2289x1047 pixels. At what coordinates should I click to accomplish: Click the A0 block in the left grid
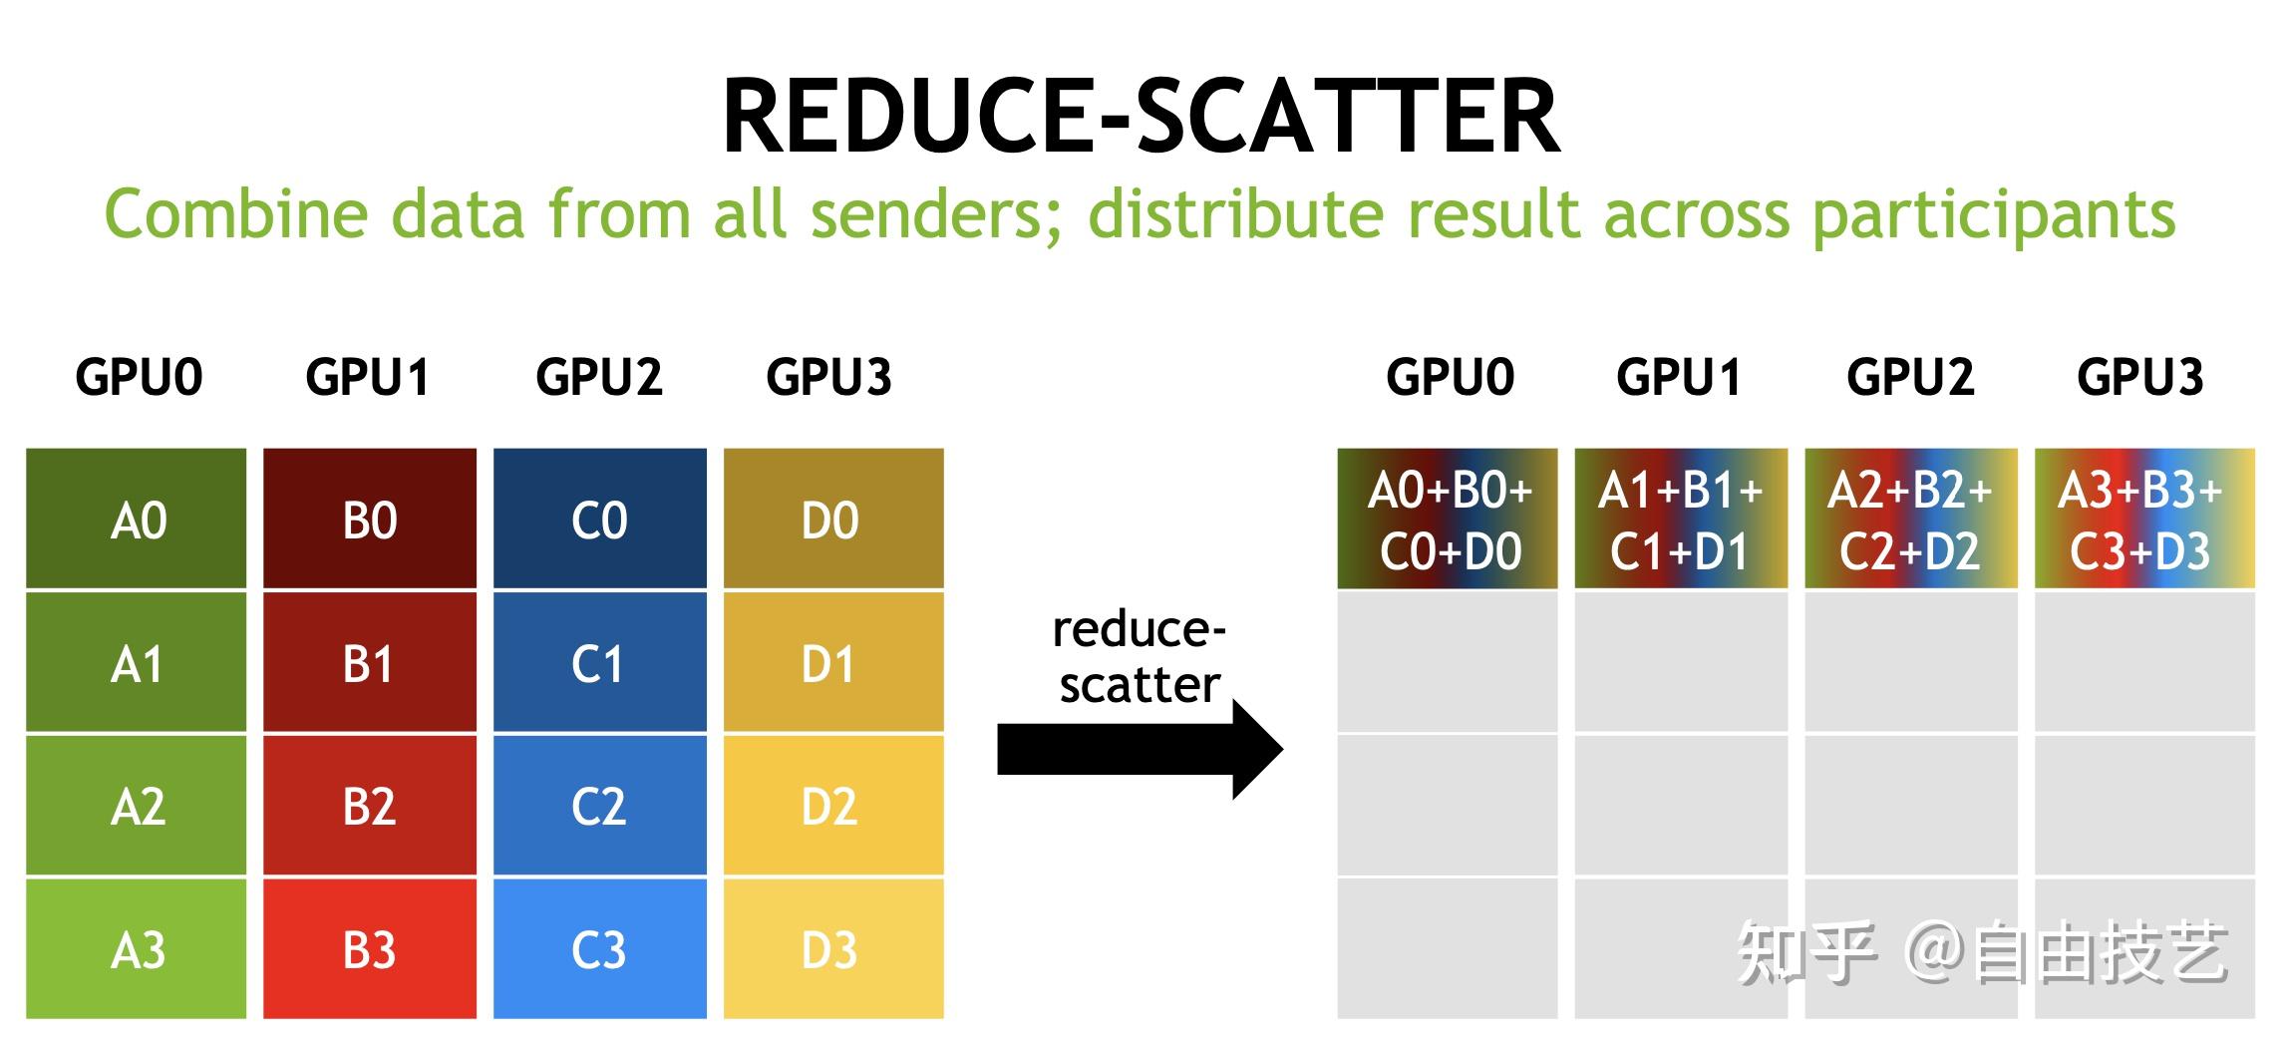click(137, 519)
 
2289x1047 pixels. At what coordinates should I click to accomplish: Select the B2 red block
click(369, 806)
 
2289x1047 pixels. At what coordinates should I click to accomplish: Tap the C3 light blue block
click(599, 949)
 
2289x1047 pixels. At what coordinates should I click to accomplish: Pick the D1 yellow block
click(831, 663)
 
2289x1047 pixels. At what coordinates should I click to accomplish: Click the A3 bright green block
click(137, 949)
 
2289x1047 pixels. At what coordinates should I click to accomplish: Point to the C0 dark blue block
click(599, 519)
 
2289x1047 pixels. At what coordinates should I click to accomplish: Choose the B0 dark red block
click(369, 519)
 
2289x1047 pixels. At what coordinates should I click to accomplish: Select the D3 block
click(831, 949)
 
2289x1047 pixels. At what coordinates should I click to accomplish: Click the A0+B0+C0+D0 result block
click(1448, 519)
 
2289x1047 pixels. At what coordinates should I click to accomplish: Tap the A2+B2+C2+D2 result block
click(1910, 519)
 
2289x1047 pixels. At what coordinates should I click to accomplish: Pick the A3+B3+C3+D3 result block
click(2143, 519)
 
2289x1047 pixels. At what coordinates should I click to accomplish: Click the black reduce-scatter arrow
click(1137, 750)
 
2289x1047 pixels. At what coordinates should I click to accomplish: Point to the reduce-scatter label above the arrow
click(1139, 657)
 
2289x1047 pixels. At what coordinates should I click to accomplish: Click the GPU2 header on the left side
click(599, 377)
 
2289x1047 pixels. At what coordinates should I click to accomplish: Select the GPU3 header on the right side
click(2139, 377)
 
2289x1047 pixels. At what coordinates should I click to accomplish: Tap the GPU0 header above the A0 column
click(139, 377)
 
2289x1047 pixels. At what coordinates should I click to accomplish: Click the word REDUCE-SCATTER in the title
click(1141, 117)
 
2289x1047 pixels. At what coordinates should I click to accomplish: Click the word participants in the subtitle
click(1993, 214)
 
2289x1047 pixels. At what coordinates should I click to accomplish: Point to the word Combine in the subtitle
click(235, 214)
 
